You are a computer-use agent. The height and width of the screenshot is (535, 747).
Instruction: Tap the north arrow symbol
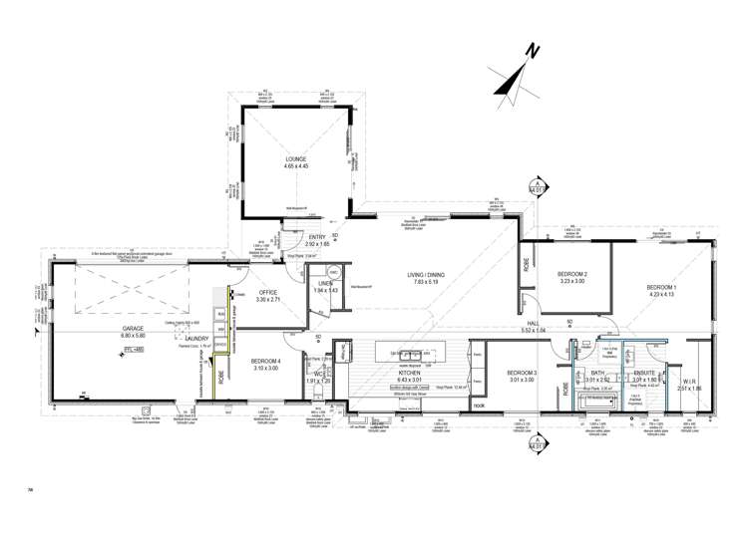(x=519, y=75)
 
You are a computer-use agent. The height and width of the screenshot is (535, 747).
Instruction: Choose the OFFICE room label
(x=267, y=292)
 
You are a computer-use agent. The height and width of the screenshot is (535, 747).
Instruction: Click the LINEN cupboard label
(x=324, y=284)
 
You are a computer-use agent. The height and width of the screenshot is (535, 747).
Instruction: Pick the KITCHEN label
(x=410, y=373)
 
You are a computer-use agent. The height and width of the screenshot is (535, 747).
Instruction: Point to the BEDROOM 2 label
(x=571, y=274)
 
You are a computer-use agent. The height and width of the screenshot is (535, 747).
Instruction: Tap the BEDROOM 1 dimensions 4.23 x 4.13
(x=660, y=295)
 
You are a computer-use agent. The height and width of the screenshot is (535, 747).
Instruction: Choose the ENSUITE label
(x=644, y=373)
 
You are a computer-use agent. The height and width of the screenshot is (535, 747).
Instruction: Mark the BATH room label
(x=596, y=373)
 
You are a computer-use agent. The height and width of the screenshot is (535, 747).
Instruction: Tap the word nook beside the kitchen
(x=480, y=404)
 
